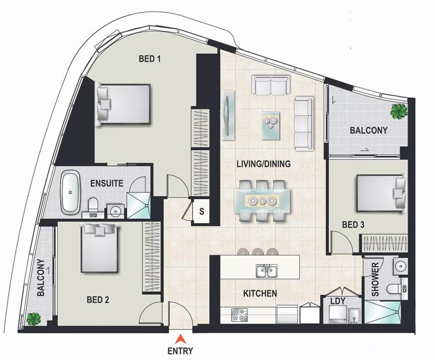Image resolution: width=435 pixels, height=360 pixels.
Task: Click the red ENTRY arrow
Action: [x=181, y=339]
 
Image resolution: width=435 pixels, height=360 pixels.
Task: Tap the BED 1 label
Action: [x=150, y=59]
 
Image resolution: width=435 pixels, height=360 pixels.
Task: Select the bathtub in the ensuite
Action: [x=70, y=193]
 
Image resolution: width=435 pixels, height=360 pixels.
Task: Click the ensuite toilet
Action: [x=93, y=204]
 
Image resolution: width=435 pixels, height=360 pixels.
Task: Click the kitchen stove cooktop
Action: [x=240, y=315]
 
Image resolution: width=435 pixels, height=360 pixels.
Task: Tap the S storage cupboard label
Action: [x=202, y=212]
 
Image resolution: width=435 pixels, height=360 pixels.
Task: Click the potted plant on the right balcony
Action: [x=399, y=111]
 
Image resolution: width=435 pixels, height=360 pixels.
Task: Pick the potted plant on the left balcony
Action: [x=34, y=319]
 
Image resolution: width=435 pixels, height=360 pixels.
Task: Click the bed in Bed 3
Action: [x=381, y=193]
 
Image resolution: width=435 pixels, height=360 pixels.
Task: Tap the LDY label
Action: [x=338, y=301]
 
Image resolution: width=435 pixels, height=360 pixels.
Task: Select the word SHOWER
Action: [x=375, y=280]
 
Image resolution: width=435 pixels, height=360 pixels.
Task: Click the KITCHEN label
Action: [x=260, y=293]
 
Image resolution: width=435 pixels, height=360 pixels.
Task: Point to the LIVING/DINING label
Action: [x=264, y=164]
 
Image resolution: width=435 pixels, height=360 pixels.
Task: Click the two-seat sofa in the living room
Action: [x=271, y=84]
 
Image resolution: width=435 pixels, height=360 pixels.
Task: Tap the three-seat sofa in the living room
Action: [x=304, y=123]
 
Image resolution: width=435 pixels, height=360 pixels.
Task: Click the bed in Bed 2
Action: [x=100, y=247]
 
